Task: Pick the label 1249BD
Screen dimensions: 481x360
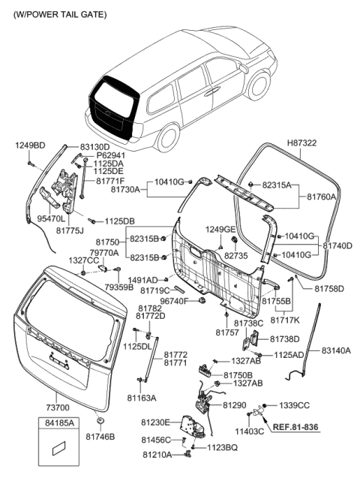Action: coord(29,145)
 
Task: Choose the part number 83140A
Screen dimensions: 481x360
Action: coord(336,350)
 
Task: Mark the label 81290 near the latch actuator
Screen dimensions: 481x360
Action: coord(234,404)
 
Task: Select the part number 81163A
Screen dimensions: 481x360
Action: coord(142,398)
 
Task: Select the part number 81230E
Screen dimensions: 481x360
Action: coord(156,422)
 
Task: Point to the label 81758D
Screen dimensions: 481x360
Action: coord(329,288)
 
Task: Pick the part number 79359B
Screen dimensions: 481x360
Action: coord(119,287)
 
